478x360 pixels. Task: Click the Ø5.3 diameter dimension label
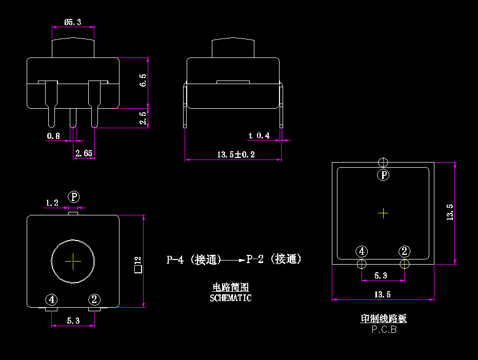click(x=73, y=22)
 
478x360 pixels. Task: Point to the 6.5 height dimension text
click(x=143, y=80)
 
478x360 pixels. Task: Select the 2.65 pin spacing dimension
click(x=84, y=153)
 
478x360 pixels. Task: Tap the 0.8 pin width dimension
click(x=53, y=136)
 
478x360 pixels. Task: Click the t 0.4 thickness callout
click(x=259, y=135)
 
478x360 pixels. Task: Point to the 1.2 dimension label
click(x=52, y=203)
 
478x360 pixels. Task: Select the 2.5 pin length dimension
click(x=143, y=118)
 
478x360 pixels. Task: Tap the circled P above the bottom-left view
click(x=75, y=197)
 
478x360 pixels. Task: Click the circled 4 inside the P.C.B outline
click(x=362, y=251)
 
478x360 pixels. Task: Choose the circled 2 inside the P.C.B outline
click(x=405, y=251)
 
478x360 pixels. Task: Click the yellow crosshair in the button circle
click(x=73, y=261)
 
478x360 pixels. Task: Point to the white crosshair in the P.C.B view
click(x=383, y=213)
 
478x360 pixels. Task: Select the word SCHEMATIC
click(x=231, y=297)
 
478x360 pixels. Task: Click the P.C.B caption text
click(x=384, y=330)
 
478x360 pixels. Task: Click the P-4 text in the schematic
click(x=175, y=259)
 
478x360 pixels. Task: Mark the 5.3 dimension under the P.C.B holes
click(x=381, y=275)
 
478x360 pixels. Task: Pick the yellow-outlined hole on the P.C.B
click(x=405, y=264)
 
